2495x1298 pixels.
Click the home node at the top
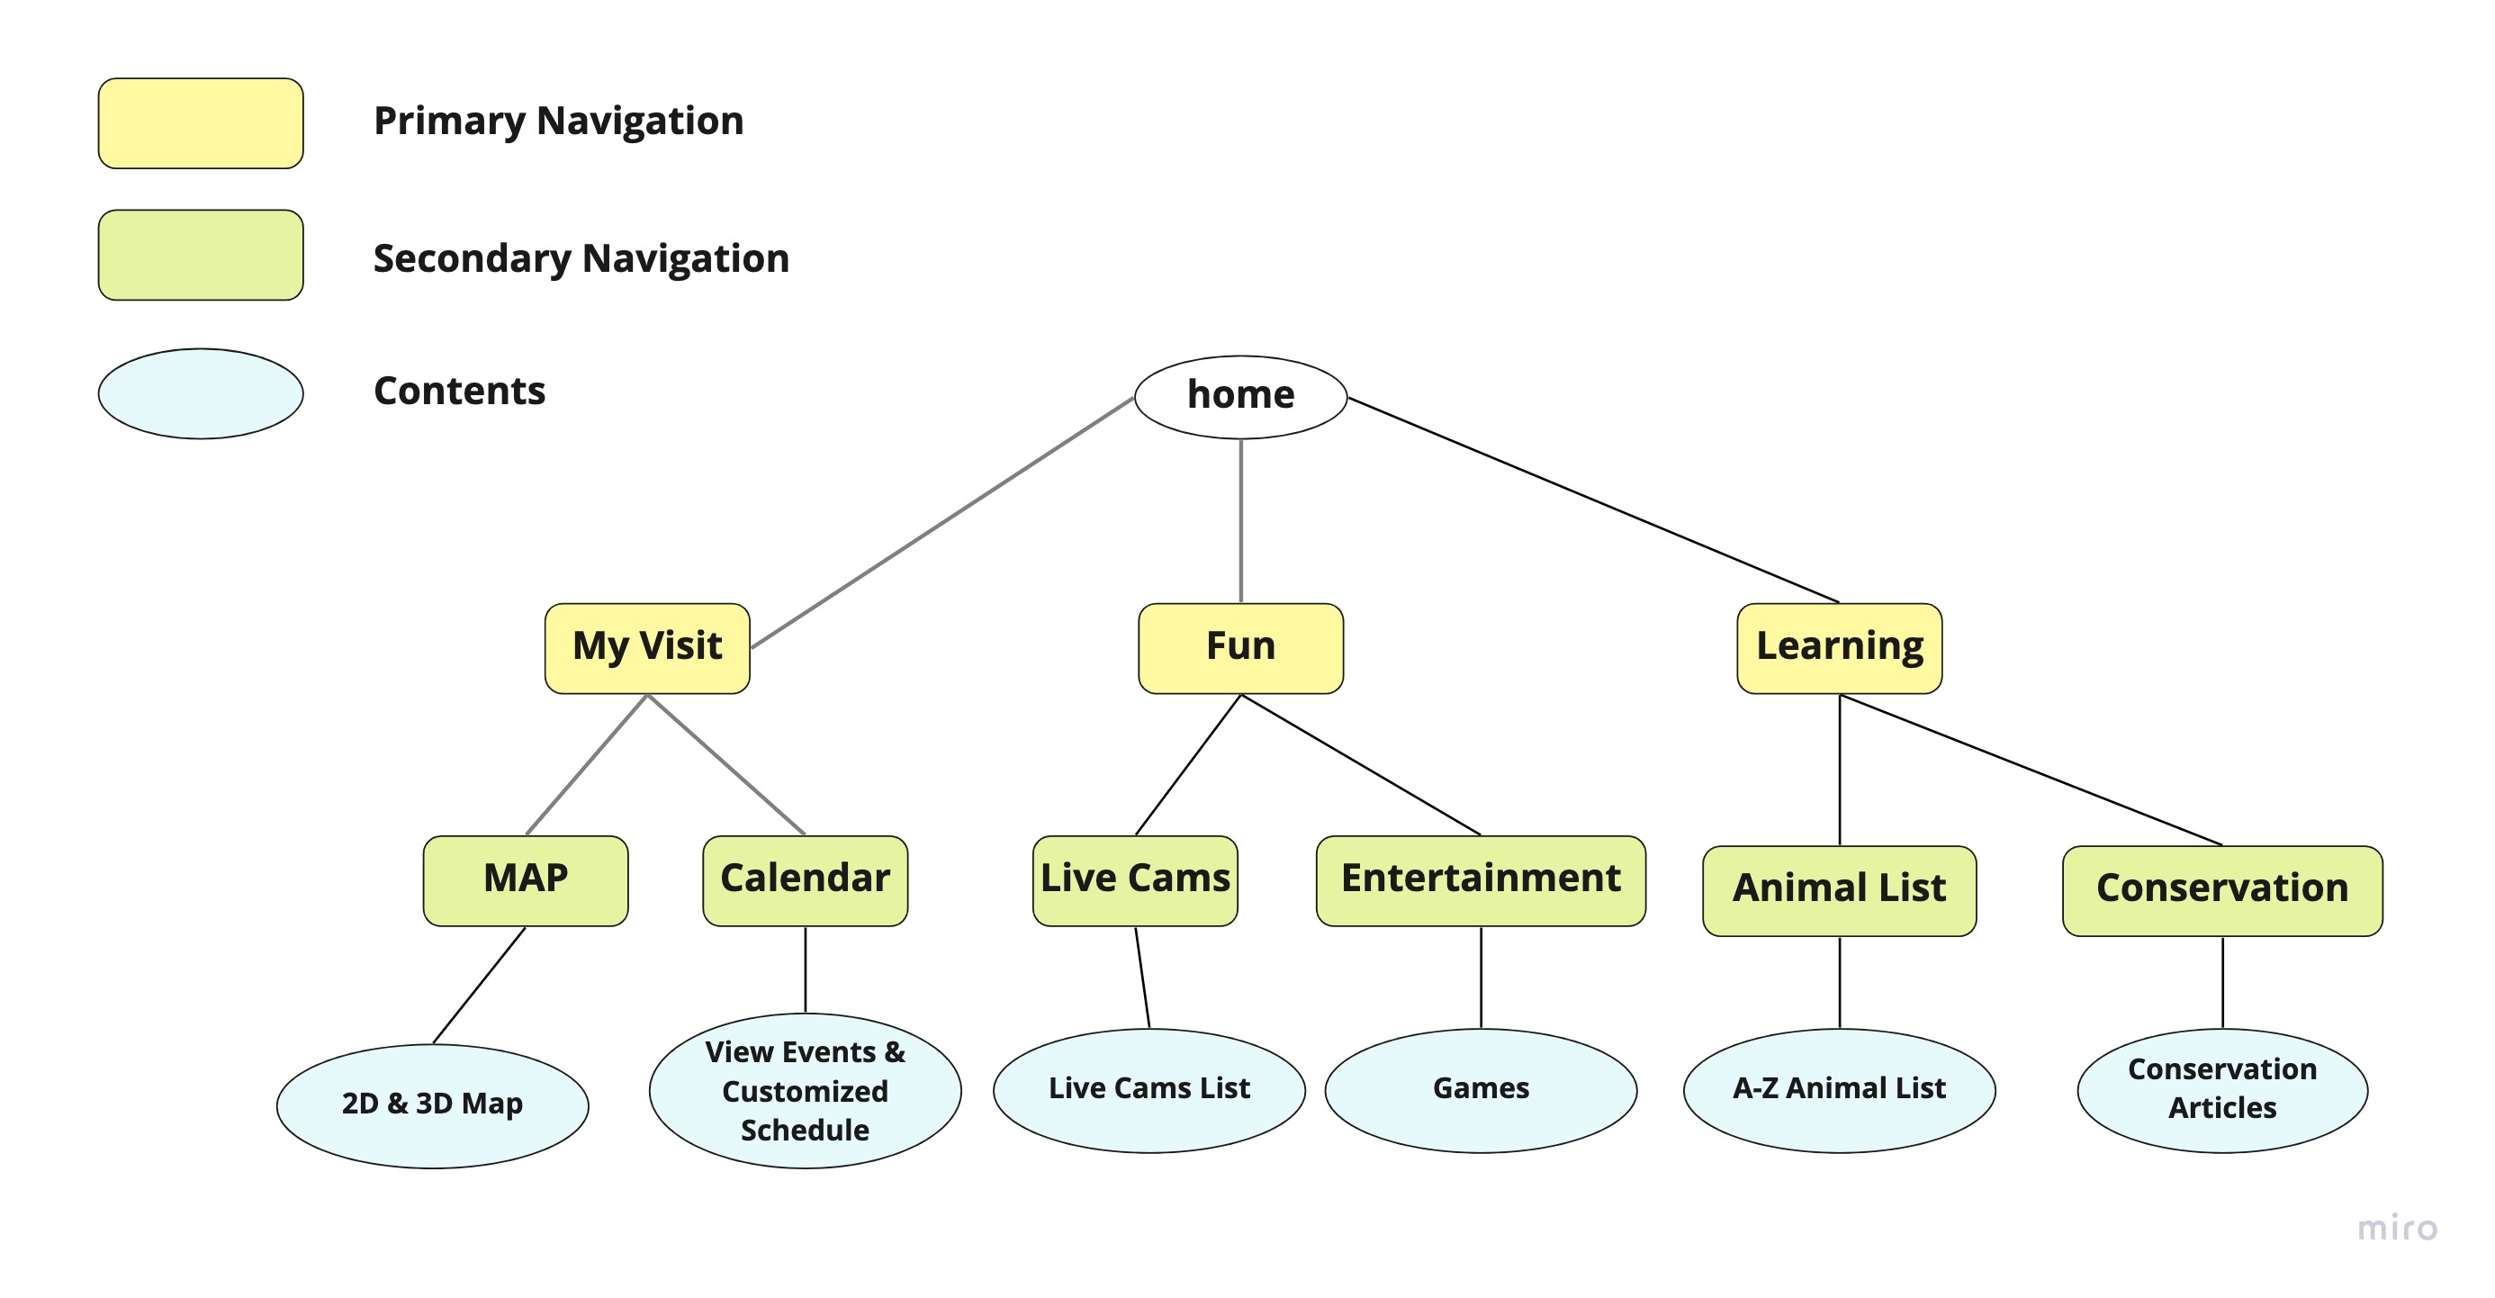pos(1240,397)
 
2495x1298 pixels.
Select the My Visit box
pos(647,648)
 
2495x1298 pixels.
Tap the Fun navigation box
pos(1240,648)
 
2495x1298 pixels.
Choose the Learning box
pos(1839,648)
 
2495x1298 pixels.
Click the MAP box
pos(526,880)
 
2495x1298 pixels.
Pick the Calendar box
pos(805,880)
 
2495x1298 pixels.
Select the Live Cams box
pos(1135,880)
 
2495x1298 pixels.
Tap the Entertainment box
pos(1481,880)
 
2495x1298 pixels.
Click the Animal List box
pos(1839,891)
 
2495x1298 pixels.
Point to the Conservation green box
pos(2223,891)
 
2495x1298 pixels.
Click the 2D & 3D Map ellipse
pos(433,1106)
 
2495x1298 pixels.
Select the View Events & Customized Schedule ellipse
pos(805,1091)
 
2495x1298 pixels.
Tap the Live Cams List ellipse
pos(1149,1091)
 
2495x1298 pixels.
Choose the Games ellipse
pos(1481,1091)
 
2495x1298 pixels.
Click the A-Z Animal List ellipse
pos(1839,1091)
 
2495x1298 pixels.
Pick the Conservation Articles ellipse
pos(2223,1091)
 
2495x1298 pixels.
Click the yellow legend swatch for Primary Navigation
pos(201,123)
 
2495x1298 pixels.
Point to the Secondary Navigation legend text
pos(581,258)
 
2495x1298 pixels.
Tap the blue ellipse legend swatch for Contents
pos(201,393)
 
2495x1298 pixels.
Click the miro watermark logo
pos(2397,1229)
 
